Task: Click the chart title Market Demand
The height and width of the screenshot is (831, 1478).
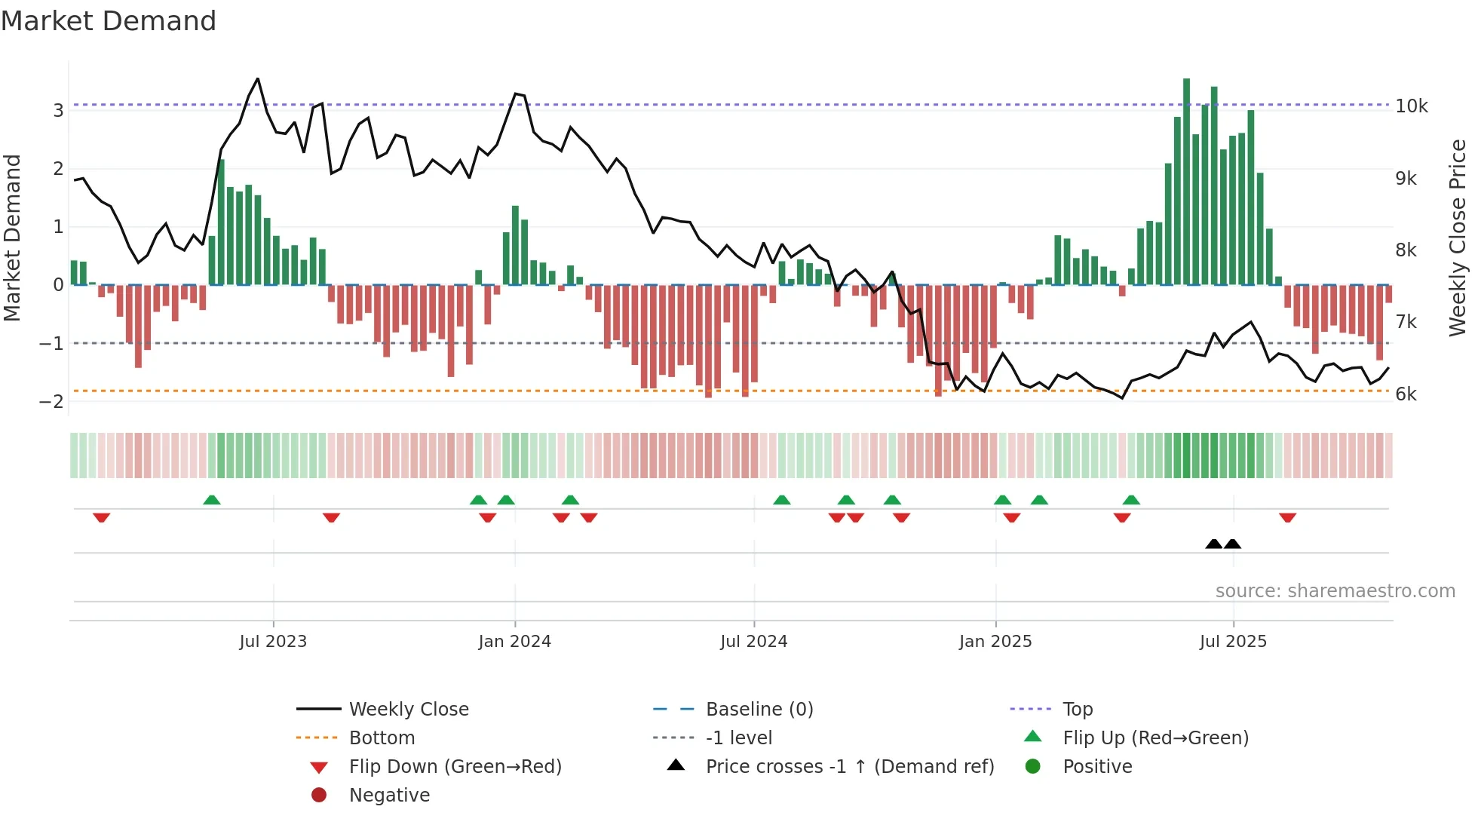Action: [x=109, y=21]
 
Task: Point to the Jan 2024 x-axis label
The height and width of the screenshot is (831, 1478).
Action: [x=514, y=642]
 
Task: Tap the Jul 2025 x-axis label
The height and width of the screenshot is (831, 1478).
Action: [x=1233, y=642]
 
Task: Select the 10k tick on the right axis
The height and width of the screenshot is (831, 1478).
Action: [x=1411, y=106]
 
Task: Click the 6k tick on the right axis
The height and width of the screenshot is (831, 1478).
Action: [x=1406, y=394]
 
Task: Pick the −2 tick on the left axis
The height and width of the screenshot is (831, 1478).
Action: [x=51, y=402]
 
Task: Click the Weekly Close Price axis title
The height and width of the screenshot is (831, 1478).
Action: [x=1457, y=238]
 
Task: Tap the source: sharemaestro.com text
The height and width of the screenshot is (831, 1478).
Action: [x=1335, y=591]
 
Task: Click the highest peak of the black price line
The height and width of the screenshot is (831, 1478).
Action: [x=258, y=79]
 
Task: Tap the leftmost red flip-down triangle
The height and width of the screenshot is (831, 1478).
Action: [x=102, y=517]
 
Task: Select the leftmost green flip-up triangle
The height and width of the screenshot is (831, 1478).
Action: [x=212, y=500]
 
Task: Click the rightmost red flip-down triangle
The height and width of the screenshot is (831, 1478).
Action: [x=1287, y=517]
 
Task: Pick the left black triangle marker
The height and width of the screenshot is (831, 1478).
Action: [x=1213, y=544]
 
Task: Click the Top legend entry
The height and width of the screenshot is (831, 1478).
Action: [x=1077, y=710]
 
